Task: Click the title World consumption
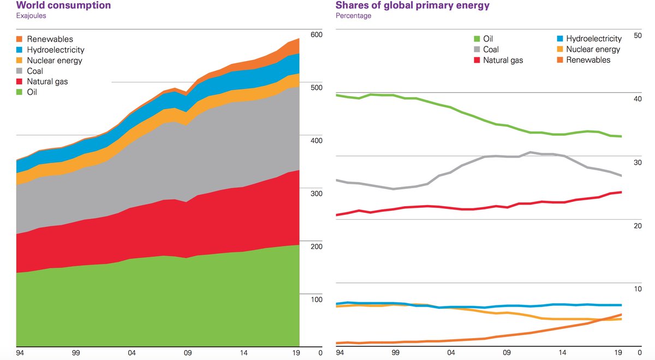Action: click(x=63, y=5)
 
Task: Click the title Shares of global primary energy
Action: click(x=412, y=5)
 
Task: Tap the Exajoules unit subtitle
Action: click(x=31, y=16)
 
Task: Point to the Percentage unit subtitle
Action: click(x=353, y=16)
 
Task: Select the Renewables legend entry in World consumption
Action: click(x=50, y=39)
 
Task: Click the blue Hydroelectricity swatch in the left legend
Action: click(x=20, y=50)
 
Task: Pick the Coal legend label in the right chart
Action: click(x=491, y=50)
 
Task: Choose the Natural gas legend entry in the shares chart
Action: click(x=503, y=60)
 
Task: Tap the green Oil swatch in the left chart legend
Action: click(x=20, y=92)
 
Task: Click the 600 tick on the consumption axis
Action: click(x=317, y=35)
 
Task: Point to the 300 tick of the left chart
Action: click(x=317, y=194)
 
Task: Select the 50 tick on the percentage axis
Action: click(x=636, y=35)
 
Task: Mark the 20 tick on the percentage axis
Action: click(x=636, y=226)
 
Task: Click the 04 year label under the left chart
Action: click(x=131, y=353)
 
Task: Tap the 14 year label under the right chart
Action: click(x=562, y=353)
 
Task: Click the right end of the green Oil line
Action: click(x=622, y=136)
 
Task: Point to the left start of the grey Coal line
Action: click(x=336, y=180)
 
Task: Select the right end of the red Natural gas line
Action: click(x=622, y=192)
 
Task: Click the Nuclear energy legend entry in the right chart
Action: click(x=593, y=50)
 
